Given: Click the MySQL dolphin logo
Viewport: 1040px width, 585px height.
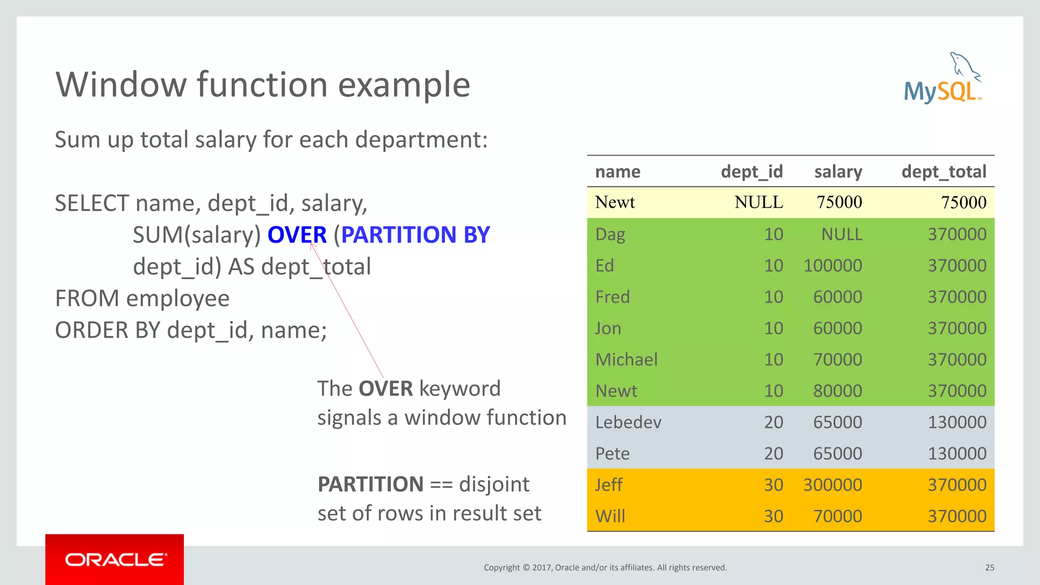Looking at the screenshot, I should pyautogui.click(x=942, y=79).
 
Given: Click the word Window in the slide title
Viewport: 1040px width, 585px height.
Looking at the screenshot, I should pyautogui.click(x=121, y=85).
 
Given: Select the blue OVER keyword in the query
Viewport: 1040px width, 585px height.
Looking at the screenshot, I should pyautogui.click(x=297, y=235).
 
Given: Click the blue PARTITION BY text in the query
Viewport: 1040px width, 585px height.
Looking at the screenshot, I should pyautogui.click(x=415, y=235).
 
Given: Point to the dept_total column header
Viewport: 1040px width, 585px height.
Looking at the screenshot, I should pyautogui.click(x=944, y=172).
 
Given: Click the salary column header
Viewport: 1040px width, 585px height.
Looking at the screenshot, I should pyautogui.click(x=838, y=172).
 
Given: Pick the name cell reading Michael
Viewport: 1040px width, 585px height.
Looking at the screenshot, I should pyautogui.click(x=626, y=360).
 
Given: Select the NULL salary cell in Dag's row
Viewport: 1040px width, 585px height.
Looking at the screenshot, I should pyautogui.click(x=841, y=234).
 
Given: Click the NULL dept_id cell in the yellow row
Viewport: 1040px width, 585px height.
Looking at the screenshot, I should pyautogui.click(x=759, y=203).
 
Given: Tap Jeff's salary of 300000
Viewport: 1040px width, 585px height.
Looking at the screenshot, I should pyautogui.click(x=832, y=485).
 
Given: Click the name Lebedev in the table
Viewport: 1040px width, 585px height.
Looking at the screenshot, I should pyautogui.click(x=628, y=422).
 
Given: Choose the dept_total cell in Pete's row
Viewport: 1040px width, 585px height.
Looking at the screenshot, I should pyautogui.click(x=957, y=453).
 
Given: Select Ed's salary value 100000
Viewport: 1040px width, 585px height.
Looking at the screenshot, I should pyautogui.click(x=832, y=266).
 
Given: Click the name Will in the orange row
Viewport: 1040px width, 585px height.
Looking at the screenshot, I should pyautogui.click(x=610, y=516).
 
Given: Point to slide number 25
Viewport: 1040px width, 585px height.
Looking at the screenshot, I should pyautogui.click(x=989, y=568).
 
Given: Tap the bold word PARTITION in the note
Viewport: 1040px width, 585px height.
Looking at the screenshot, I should pyautogui.click(x=370, y=484).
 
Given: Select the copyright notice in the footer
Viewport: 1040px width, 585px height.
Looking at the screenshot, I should pyautogui.click(x=605, y=568).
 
